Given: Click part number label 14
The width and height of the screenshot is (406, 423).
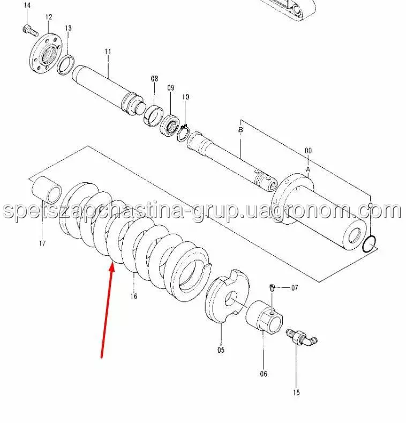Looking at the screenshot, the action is pyautogui.click(x=27, y=5).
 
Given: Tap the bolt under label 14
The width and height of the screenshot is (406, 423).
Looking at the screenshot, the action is pyautogui.click(x=30, y=30).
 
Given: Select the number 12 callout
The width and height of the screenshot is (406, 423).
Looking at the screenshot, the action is pyautogui.click(x=49, y=17).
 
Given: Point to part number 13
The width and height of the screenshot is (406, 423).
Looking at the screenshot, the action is pyautogui.click(x=68, y=28).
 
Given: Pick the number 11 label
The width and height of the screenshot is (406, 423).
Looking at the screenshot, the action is pyautogui.click(x=108, y=51).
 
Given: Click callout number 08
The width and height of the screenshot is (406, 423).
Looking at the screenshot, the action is pyautogui.click(x=154, y=79).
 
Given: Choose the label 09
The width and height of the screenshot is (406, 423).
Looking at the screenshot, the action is pyautogui.click(x=171, y=88).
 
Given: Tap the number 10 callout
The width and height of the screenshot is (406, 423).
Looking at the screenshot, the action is pyautogui.click(x=185, y=97).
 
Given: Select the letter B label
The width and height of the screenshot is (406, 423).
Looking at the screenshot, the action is pyautogui.click(x=240, y=130).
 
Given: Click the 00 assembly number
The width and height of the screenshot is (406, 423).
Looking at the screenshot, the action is pyautogui.click(x=308, y=151).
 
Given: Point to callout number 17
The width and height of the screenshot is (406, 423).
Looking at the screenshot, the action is pyautogui.click(x=42, y=243).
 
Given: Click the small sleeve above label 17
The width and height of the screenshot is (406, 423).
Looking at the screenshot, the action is pyautogui.click(x=47, y=190).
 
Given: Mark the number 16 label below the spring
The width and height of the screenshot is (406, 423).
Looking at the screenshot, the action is pyautogui.click(x=134, y=296).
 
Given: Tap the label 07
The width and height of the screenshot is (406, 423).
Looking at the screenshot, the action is pyautogui.click(x=295, y=288).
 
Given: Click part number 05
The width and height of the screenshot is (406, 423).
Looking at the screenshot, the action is pyautogui.click(x=221, y=350).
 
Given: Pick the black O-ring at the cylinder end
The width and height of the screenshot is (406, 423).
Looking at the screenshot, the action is pyautogui.click(x=370, y=244).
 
